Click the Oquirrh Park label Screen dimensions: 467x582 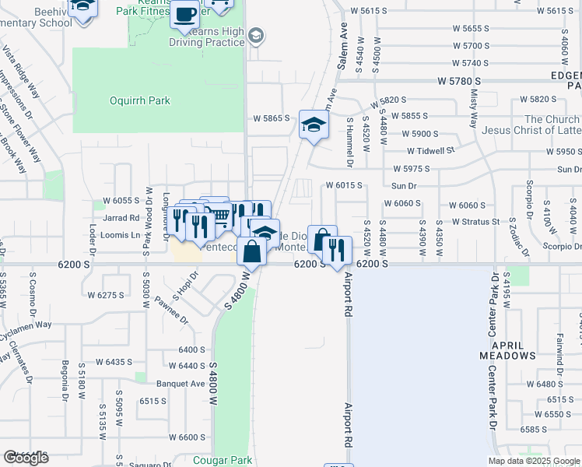tap(140, 100)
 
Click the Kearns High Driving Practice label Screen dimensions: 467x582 tap(211, 35)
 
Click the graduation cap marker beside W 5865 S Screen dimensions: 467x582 tap(314, 125)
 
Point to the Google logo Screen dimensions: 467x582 tap(26, 458)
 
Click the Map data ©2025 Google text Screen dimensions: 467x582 tap(534, 461)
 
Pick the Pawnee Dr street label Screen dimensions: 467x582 tap(170, 309)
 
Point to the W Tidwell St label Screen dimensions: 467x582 tap(429, 150)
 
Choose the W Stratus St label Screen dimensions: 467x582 tap(474, 222)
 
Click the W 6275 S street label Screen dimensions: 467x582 tap(106, 295)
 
